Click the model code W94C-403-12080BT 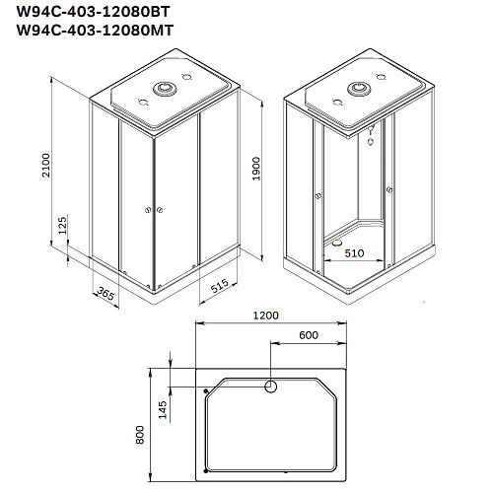93,12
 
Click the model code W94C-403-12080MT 95,31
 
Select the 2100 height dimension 46,166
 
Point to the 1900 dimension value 256,169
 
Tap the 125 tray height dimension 62,225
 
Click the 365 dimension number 106,293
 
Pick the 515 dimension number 219,286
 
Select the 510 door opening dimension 354,253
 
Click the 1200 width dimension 265,316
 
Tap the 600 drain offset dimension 309,335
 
